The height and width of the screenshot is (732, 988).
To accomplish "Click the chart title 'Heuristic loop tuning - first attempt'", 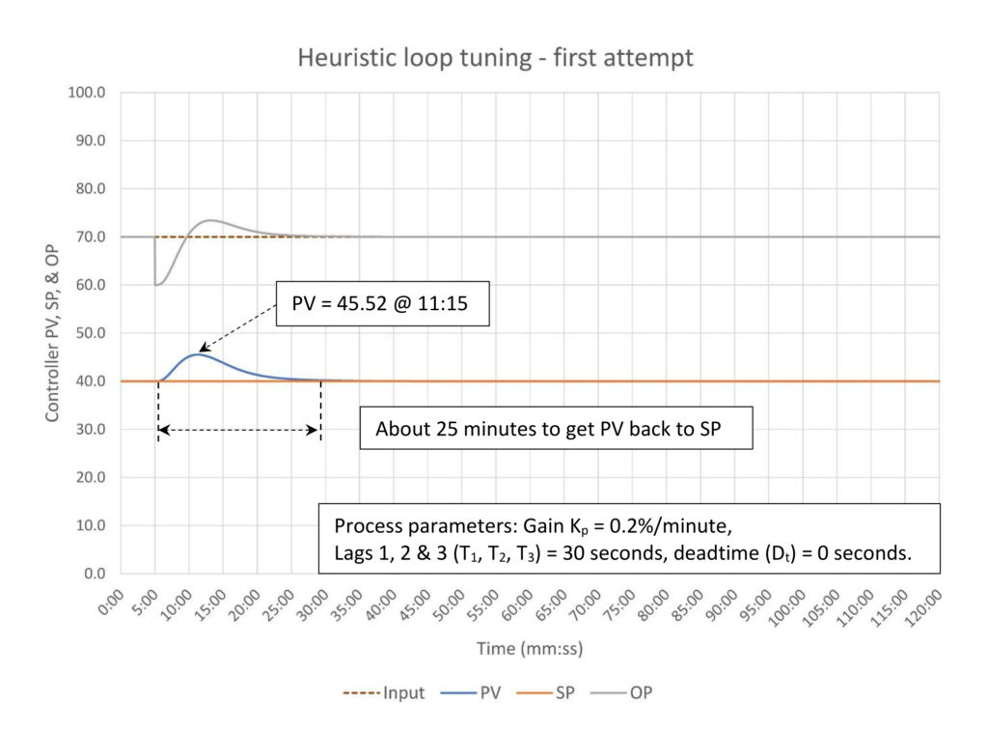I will pyautogui.click(x=494, y=57).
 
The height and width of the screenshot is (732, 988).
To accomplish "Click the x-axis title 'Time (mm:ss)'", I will pyautogui.click(x=530, y=649).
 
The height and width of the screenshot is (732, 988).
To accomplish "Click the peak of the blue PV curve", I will pyautogui.click(x=196, y=354).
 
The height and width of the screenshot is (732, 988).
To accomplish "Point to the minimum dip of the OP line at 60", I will pyautogui.click(x=158, y=284).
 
